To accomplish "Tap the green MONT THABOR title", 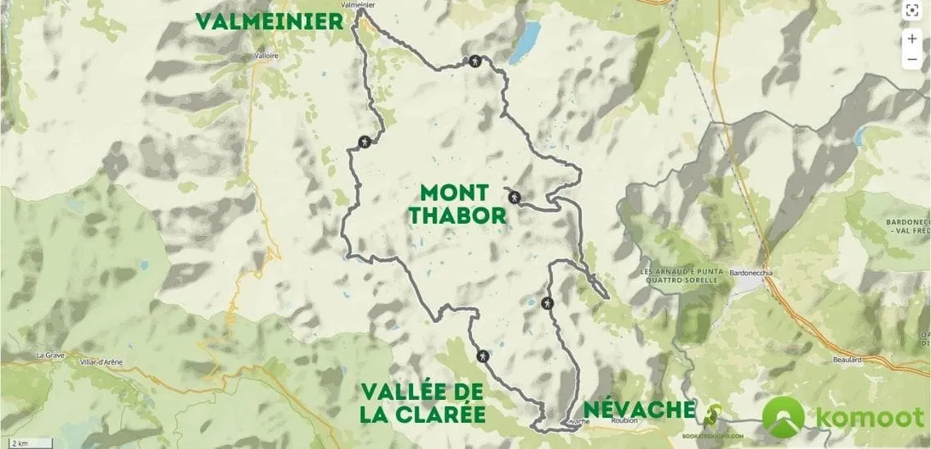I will click(x=454, y=204).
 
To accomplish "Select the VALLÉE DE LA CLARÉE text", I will click(x=422, y=402).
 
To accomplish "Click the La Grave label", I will click(x=50, y=356).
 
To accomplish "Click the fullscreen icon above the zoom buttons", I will click(x=912, y=11).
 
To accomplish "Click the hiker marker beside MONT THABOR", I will click(x=514, y=197).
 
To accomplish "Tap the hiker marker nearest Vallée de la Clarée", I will click(x=484, y=356).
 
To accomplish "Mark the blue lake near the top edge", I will click(x=525, y=43).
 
